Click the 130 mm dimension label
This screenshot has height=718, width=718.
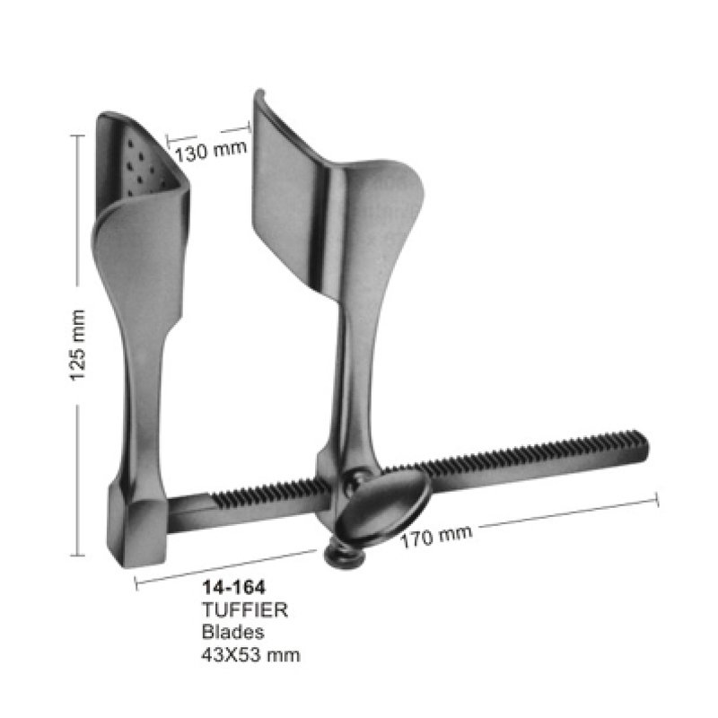point(211,152)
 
